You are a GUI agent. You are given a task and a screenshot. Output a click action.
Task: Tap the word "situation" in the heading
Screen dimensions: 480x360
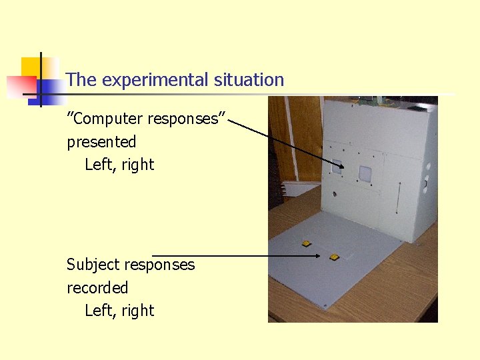tap(249, 80)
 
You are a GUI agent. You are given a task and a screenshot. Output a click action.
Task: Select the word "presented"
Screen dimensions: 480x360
tap(101, 142)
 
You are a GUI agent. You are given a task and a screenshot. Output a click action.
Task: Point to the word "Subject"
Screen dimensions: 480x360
tap(94, 265)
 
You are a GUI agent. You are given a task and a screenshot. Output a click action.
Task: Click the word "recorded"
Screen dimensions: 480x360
tap(97, 288)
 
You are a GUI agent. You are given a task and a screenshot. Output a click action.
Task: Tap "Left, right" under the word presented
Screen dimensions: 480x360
tap(119, 165)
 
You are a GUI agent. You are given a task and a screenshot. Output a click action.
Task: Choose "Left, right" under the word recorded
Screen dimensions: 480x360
tap(119, 311)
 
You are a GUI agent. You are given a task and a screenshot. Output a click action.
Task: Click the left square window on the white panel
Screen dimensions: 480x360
tap(337, 169)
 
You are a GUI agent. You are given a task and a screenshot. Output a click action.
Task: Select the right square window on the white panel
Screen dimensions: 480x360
tap(365, 173)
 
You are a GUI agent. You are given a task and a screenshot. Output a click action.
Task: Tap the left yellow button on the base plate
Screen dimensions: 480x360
tap(306, 243)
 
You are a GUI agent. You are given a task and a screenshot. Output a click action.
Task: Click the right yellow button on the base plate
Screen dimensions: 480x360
tap(334, 256)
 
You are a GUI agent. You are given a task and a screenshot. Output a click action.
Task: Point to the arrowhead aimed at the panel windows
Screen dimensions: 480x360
tap(341, 166)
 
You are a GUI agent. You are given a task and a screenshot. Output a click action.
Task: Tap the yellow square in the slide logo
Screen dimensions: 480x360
tap(31, 67)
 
